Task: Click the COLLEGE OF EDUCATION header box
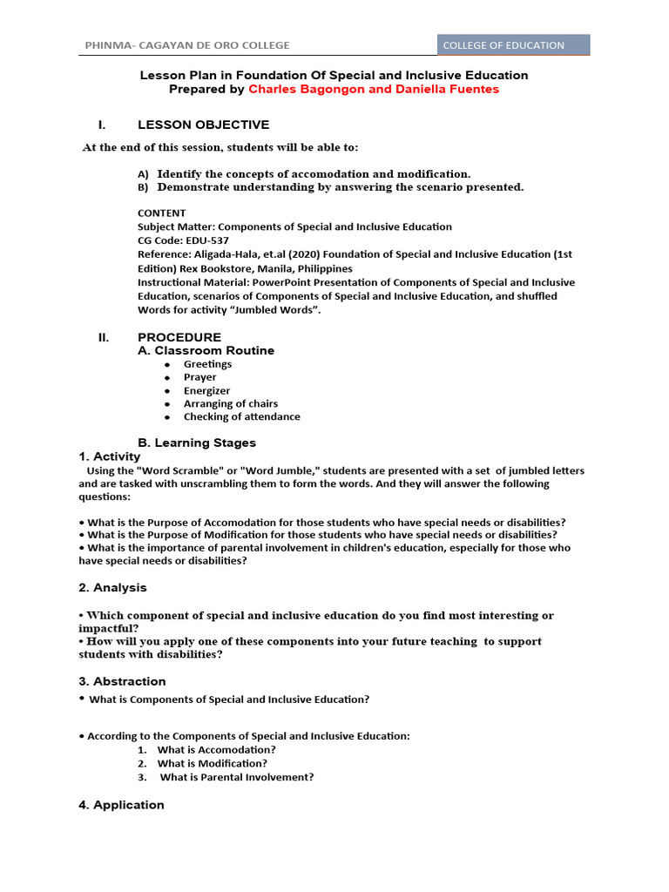(513, 45)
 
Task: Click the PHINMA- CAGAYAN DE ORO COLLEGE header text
(187, 45)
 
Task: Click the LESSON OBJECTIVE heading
(203, 125)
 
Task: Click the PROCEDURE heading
(179, 337)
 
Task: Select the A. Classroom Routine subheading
(206, 350)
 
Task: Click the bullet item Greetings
(207, 364)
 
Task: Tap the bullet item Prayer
(199, 377)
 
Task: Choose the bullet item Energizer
(206, 391)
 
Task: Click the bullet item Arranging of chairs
(230, 403)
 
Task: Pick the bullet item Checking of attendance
(241, 416)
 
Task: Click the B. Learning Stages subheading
(197, 443)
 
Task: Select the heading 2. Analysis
(112, 588)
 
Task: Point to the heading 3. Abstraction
(122, 681)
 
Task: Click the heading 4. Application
(121, 805)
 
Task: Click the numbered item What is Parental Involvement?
(236, 777)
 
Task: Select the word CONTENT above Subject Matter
(161, 213)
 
